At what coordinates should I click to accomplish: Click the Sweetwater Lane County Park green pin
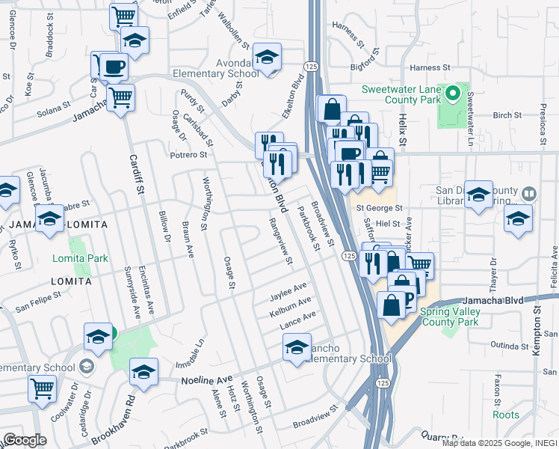pos(452,95)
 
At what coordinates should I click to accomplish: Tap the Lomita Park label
pos(80,258)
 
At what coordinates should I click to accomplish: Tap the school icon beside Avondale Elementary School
pos(266,58)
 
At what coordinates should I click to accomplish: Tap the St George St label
pos(379,208)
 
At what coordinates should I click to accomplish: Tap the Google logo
pos(25,440)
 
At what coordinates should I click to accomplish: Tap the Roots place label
pos(506,415)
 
